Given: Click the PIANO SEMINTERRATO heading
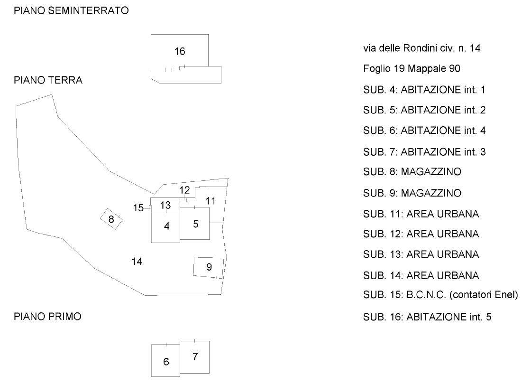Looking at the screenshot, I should (x=71, y=11).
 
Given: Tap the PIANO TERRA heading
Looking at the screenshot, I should (x=48, y=80).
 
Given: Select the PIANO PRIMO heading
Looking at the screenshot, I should (x=47, y=317).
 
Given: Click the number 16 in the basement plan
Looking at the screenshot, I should (x=179, y=51).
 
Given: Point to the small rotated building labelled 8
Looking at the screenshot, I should (x=111, y=219).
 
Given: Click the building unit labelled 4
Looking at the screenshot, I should (x=166, y=226).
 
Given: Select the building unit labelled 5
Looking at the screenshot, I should (x=195, y=224).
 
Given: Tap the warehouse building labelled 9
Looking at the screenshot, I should (x=209, y=267).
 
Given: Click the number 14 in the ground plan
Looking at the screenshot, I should (x=137, y=261).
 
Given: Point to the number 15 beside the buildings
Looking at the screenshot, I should (x=138, y=208).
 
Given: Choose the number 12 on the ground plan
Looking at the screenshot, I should (x=184, y=190).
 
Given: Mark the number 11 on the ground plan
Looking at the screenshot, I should (x=211, y=201).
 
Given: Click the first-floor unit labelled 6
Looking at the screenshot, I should (x=166, y=362).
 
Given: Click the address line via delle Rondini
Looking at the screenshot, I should (x=421, y=48).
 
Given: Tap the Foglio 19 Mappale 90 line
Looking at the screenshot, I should (x=411, y=69).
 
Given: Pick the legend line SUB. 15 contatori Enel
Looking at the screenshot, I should (x=440, y=295).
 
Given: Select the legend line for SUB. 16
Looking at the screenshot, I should (x=427, y=316).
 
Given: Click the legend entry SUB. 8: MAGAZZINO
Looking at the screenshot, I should (x=412, y=172).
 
